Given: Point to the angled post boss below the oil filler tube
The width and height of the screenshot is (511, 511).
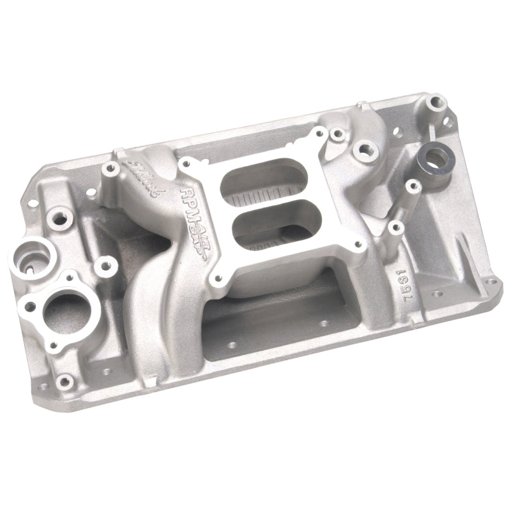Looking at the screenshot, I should [413, 187].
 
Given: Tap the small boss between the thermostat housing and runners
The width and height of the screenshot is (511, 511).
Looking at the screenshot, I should [103, 264].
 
